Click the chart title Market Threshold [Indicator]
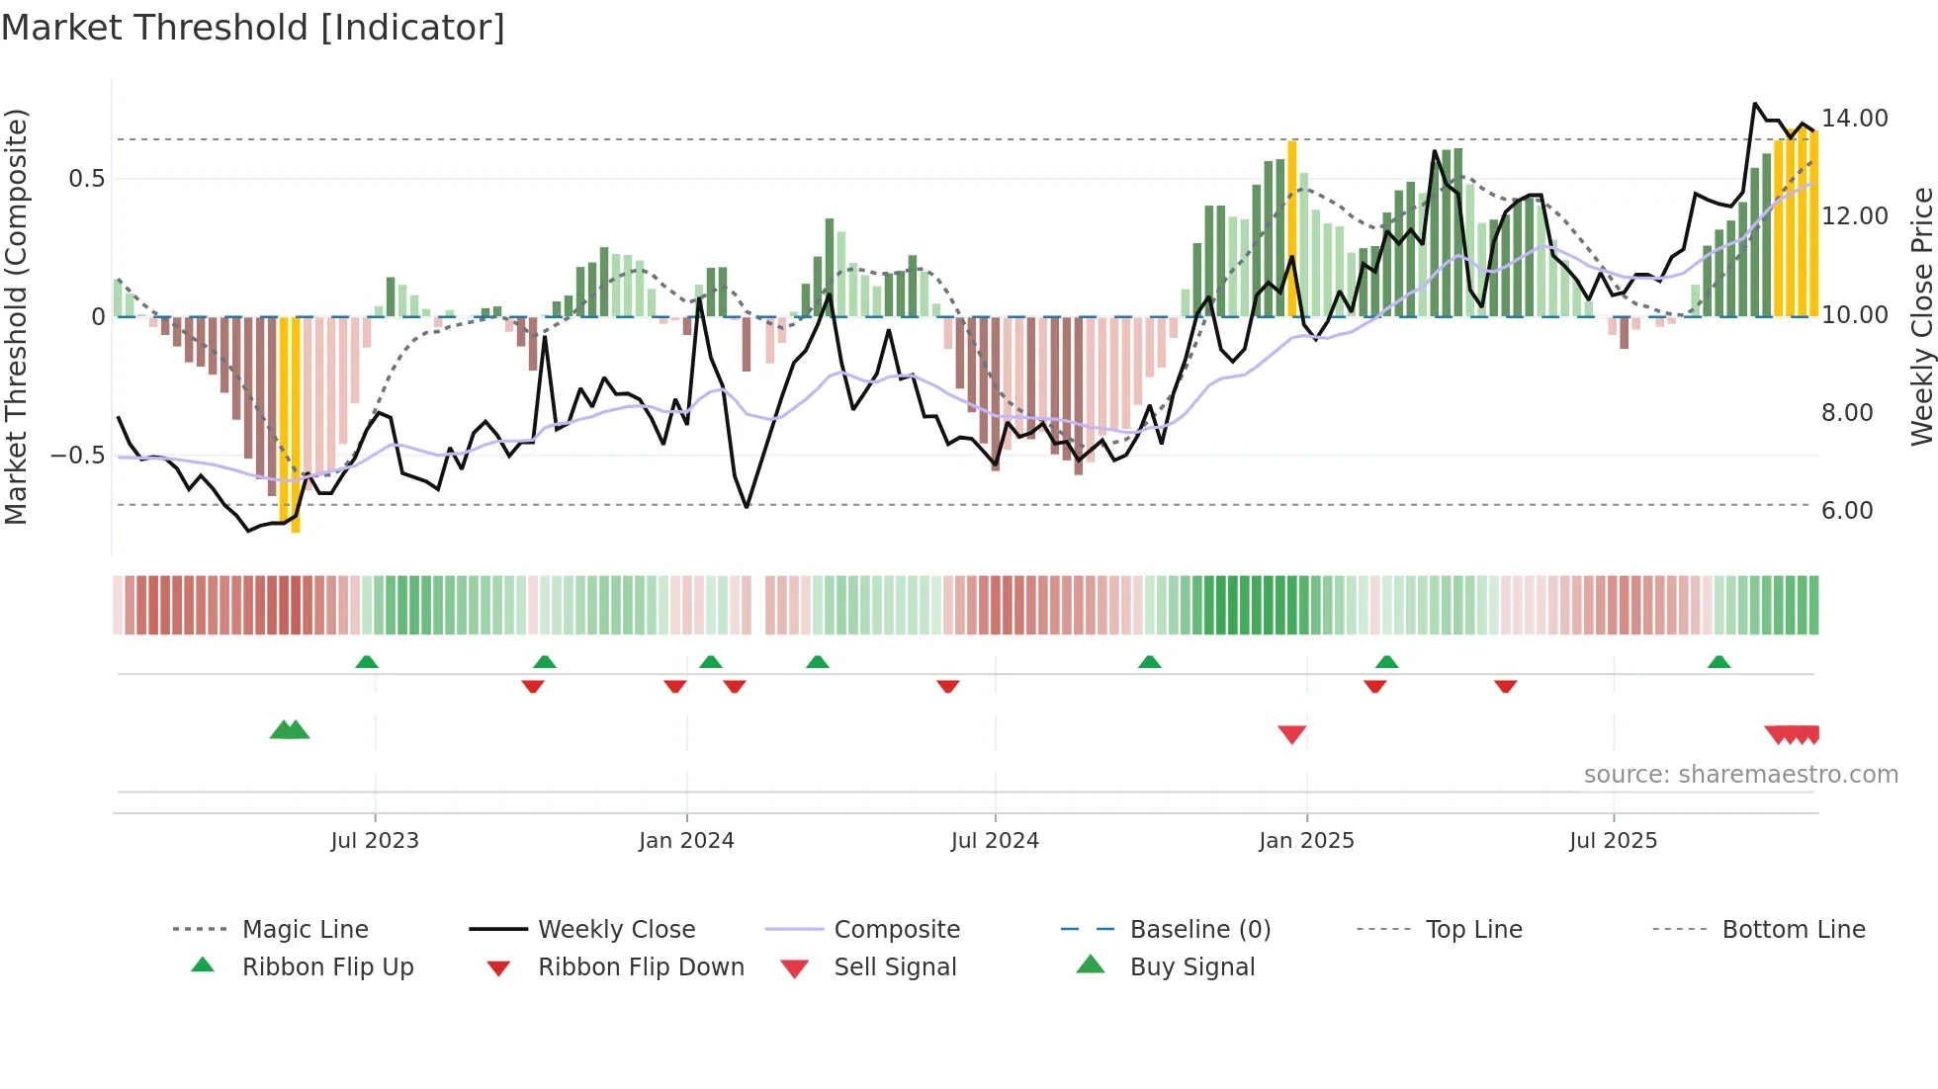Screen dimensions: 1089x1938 tap(253, 28)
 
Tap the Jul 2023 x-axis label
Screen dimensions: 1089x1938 tap(375, 841)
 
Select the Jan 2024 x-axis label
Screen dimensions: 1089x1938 tap(686, 841)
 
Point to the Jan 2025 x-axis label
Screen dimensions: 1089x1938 tap(1306, 841)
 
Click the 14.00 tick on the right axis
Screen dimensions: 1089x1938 tap(1854, 119)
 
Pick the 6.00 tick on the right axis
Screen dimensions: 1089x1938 tap(1847, 511)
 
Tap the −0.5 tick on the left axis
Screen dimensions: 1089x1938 tap(78, 456)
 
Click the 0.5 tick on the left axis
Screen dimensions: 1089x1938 tap(86, 179)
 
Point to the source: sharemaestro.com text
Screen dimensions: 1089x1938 tap(1740, 775)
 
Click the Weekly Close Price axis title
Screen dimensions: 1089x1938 tap(1921, 316)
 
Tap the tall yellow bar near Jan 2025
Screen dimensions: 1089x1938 tap(1291, 227)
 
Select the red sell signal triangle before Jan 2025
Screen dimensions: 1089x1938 tap(1291, 734)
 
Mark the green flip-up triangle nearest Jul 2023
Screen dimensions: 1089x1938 tap(367, 661)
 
